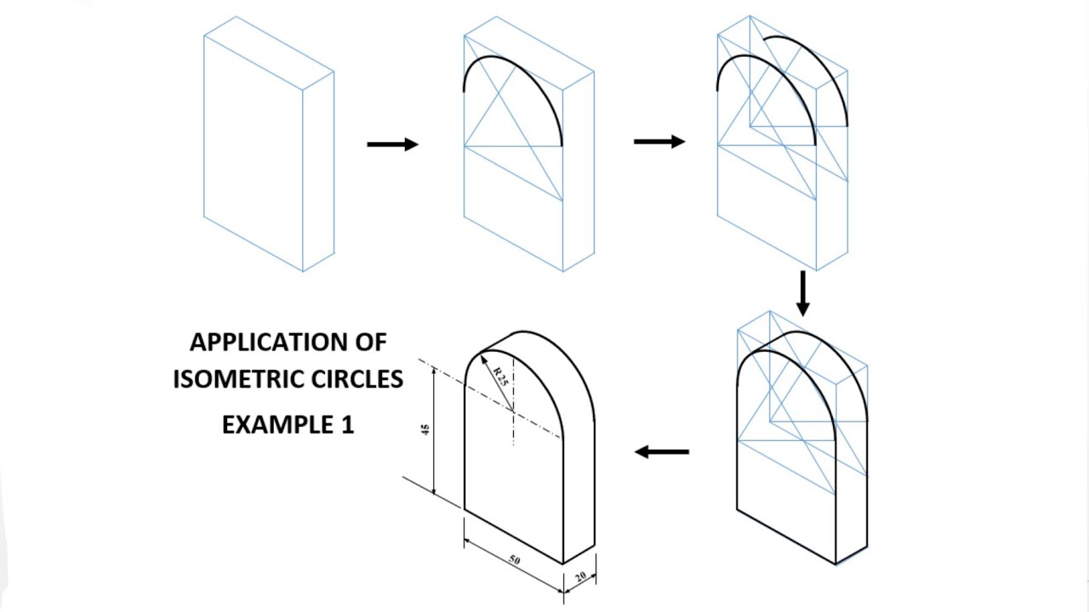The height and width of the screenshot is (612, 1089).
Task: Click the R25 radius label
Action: pyautogui.click(x=500, y=377)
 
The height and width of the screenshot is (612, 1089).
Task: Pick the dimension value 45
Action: pyautogui.click(x=425, y=430)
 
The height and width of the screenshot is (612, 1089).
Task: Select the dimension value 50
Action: pyautogui.click(x=515, y=560)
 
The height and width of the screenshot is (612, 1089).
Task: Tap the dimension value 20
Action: pyautogui.click(x=580, y=577)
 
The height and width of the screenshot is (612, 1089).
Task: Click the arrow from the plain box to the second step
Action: pyautogui.click(x=393, y=144)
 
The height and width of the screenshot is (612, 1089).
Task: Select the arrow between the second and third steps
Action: pyautogui.click(x=659, y=142)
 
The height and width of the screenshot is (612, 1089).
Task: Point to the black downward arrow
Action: pyautogui.click(x=802, y=294)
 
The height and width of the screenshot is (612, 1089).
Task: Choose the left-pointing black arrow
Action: pyautogui.click(x=662, y=451)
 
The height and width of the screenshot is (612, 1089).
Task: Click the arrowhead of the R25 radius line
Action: pyautogui.click(x=483, y=360)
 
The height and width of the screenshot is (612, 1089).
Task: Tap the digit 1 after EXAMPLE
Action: pyautogui.click(x=348, y=425)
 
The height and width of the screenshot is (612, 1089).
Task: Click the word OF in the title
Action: pyautogui.click(x=372, y=343)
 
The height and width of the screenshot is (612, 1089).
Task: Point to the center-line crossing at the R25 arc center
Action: pyautogui.click(x=513, y=411)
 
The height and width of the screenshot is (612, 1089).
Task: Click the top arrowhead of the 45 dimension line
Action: pyautogui.click(x=434, y=371)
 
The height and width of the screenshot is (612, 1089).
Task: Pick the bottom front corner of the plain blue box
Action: pyautogui.click(x=303, y=271)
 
